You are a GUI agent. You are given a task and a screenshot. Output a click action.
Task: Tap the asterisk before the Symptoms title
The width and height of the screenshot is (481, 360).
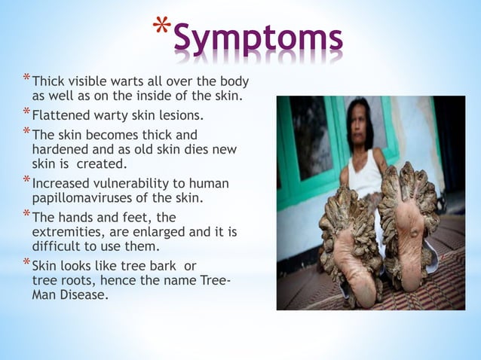pos(161,29)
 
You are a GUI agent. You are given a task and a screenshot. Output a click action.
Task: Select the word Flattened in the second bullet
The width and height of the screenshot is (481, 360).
pos(60,117)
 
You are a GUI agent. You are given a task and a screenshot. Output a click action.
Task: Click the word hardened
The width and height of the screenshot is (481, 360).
pos(59,150)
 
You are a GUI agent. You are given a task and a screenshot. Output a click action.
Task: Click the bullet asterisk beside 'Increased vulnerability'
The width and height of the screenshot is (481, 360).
pos(26,182)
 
